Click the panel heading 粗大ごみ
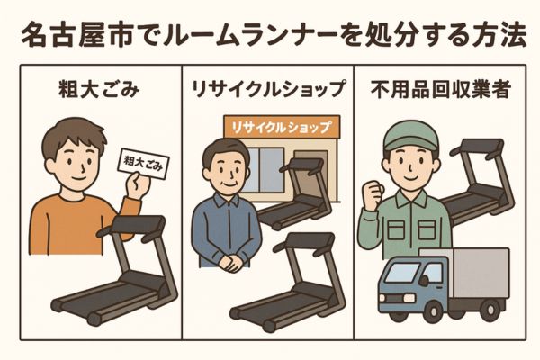[x=99, y=89]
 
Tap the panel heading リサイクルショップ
[x=267, y=90]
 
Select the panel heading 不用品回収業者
[x=440, y=90]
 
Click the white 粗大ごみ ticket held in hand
[x=143, y=164]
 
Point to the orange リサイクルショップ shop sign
[x=282, y=128]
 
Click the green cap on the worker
[x=411, y=136]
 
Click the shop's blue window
[x=266, y=170]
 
